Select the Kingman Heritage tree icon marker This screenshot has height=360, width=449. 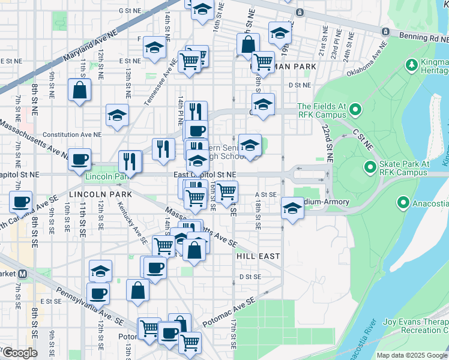pos(411,64)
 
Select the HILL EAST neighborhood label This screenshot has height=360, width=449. pos(258,256)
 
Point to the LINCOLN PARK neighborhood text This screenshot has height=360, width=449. pos(92,195)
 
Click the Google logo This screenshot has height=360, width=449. pos(19,353)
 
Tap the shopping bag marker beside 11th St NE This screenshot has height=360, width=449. pos(79,91)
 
